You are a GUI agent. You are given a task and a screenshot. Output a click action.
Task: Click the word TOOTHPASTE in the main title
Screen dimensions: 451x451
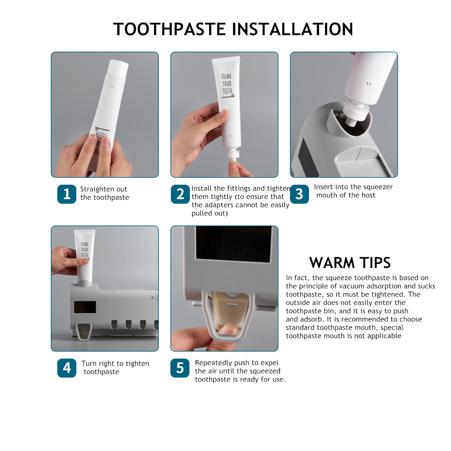click(x=169, y=29)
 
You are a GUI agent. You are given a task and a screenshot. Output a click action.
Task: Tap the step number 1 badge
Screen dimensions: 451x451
click(x=67, y=194)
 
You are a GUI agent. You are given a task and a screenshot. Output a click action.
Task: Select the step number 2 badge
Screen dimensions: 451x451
click(x=180, y=194)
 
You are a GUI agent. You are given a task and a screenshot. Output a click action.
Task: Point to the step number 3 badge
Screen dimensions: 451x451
click(x=299, y=194)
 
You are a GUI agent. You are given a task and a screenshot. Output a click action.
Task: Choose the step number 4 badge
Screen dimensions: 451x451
click(x=67, y=368)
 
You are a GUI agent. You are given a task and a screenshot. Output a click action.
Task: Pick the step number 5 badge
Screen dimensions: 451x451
click(x=180, y=368)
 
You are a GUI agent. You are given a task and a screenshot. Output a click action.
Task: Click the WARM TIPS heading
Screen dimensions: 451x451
click(x=350, y=263)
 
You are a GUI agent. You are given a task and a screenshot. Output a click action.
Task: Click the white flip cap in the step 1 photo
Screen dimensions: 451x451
click(x=118, y=68)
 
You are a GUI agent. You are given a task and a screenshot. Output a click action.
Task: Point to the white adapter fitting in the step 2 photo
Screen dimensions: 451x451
click(x=233, y=156)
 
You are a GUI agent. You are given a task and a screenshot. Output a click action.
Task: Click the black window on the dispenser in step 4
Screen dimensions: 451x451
click(x=85, y=307)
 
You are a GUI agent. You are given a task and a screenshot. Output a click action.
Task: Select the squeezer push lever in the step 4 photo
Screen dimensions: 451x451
click(x=83, y=331)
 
